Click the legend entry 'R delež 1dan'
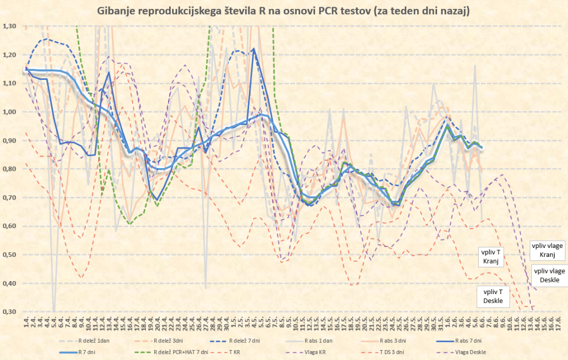pyautogui.click(x=96, y=341)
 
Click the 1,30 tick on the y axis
pyautogui.click(x=10, y=26)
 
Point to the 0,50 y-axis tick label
pyautogui.click(x=10, y=255)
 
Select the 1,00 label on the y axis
pyautogui.click(x=10, y=112)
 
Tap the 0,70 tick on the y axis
pyautogui.click(x=10, y=197)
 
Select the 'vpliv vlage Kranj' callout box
pyautogui.click(x=548, y=250)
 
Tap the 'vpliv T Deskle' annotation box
pyautogui.click(x=493, y=296)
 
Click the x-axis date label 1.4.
pyautogui.click(x=26, y=322)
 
